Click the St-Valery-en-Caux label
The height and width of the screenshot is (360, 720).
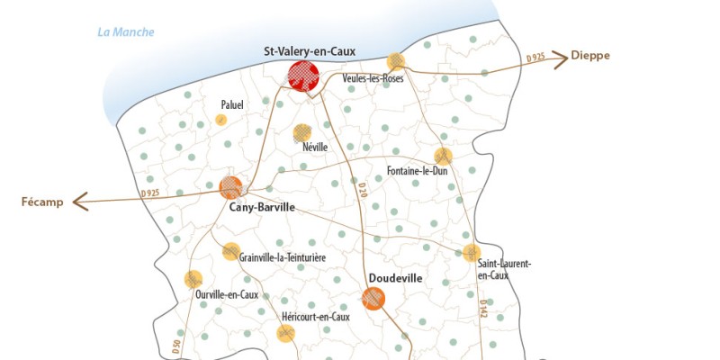[x=310, y=51]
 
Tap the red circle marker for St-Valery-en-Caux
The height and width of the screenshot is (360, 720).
[x=304, y=76]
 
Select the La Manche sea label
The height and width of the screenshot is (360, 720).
[x=125, y=33]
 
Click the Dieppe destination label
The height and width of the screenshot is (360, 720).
[x=590, y=56]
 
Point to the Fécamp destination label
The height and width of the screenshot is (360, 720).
[x=42, y=202]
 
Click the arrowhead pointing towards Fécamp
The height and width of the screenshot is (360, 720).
[x=78, y=201]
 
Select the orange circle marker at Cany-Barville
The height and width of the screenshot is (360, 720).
[x=231, y=187]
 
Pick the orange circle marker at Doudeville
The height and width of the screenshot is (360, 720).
[x=373, y=298]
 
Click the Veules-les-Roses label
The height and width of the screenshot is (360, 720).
[x=373, y=78]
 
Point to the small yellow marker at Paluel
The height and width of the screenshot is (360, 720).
[x=220, y=120]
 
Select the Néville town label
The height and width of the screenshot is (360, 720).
[x=315, y=147]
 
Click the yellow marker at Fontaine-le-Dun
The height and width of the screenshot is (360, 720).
[x=443, y=156]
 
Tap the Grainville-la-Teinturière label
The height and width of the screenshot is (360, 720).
[x=282, y=257]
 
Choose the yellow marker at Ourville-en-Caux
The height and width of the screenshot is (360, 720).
[x=193, y=279]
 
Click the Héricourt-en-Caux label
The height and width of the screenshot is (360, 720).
[x=315, y=317]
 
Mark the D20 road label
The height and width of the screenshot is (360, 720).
[x=362, y=190]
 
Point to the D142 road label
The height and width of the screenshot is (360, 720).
[x=483, y=309]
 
